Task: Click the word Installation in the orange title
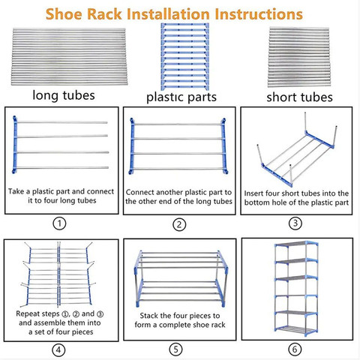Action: coord(168,14)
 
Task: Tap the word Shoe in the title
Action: coord(64,14)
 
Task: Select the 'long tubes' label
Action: coord(64,95)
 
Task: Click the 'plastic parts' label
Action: coord(181,97)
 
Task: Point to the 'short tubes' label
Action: coord(299,97)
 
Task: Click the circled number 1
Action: coord(59,223)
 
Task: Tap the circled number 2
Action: coord(179,224)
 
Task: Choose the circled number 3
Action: coord(295,223)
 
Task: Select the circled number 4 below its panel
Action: coord(58,349)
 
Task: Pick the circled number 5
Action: coord(176,349)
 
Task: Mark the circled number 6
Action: coord(295,349)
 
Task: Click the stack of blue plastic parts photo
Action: coord(184,57)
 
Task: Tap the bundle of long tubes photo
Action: coord(69,56)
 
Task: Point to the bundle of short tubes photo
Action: coord(299,57)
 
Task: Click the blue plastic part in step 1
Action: coord(15,145)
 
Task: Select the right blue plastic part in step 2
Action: coord(224,146)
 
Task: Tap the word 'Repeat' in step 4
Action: coord(27,314)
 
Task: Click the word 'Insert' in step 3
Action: coord(253,193)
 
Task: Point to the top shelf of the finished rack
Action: coord(296,244)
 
